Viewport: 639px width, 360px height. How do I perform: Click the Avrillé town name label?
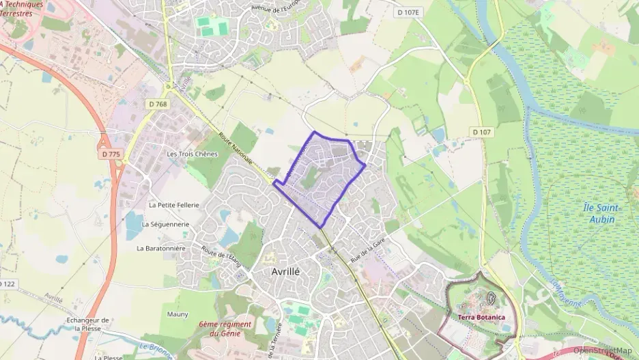tap(285, 271)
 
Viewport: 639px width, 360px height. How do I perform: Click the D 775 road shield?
tap(111, 154)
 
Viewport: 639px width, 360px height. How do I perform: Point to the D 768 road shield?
tap(157, 104)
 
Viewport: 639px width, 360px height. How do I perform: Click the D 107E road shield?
tap(410, 12)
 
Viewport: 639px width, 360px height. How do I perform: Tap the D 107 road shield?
tap(482, 131)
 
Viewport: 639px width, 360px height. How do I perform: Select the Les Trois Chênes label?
tap(192, 154)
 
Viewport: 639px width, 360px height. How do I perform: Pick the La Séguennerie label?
tap(166, 223)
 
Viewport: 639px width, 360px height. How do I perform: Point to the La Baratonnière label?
tap(161, 248)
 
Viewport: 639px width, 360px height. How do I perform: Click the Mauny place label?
tap(177, 314)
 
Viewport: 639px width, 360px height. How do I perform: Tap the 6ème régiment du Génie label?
tap(226, 329)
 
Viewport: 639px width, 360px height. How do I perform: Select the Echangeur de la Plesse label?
tap(88, 324)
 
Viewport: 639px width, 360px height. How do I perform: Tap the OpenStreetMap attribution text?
tap(603, 350)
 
